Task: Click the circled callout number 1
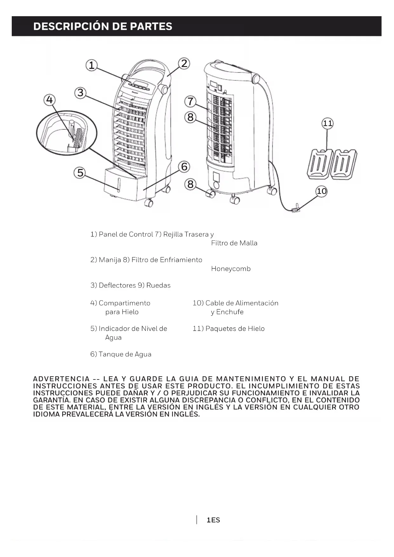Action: pos(91,65)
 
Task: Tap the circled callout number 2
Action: pos(184,64)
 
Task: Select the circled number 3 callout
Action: pos(80,93)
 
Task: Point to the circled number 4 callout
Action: pos(49,100)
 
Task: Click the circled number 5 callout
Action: pos(80,173)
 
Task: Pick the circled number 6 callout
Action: pos(184,167)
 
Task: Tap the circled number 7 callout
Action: pos(190,102)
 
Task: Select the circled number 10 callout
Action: pos(322,191)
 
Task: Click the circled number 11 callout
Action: pos(327,123)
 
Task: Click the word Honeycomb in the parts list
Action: pos(231,269)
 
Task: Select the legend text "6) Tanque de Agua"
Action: pos(121,354)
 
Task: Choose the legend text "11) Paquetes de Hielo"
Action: pos(229,329)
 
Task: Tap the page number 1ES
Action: pos(213,520)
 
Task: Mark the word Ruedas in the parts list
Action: pos(158,285)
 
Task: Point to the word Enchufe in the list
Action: pos(230,312)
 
